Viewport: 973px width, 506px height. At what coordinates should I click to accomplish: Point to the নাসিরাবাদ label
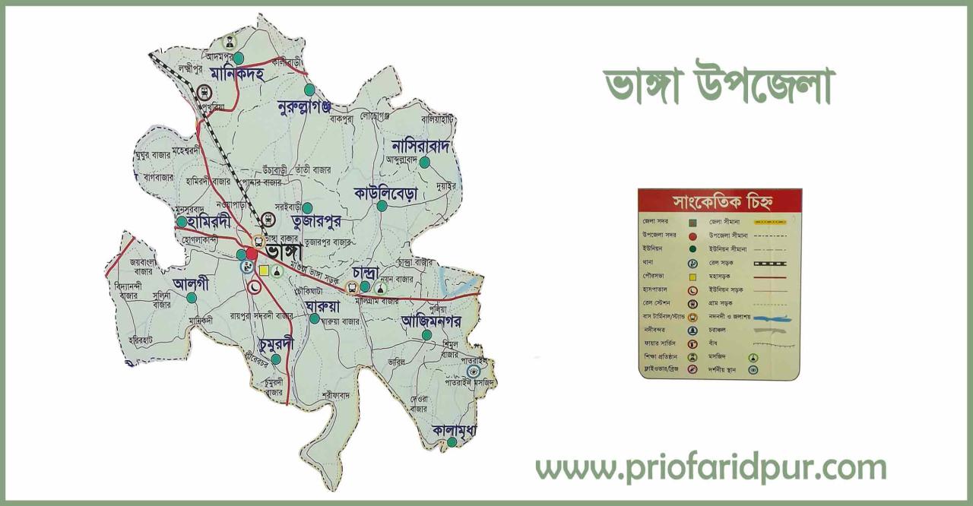(x=422, y=144)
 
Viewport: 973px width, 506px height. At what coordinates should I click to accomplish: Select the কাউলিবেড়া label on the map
(x=385, y=193)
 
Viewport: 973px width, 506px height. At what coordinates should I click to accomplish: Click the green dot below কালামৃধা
(x=452, y=442)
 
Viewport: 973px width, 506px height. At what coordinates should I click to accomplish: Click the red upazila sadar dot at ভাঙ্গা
(x=252, y=253)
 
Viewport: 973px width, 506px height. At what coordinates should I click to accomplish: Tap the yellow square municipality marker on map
(x=264, y=270)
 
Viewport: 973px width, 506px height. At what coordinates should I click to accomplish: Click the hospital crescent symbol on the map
(x=255, y=286)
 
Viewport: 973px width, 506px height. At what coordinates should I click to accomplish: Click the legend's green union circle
(x=693, y=248)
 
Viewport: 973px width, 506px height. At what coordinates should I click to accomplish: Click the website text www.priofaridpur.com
(x=711, y=466)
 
